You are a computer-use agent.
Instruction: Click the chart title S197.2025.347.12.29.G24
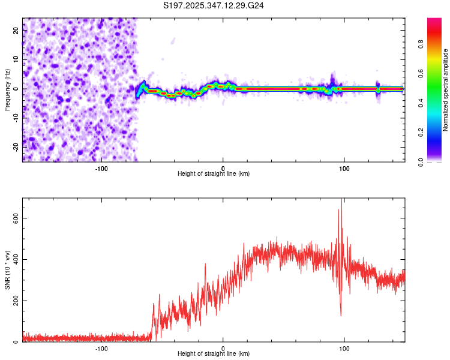pos(214,5)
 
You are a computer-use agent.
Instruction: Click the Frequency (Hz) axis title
pos(7,89)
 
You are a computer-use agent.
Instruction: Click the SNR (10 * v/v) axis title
pos(7,270)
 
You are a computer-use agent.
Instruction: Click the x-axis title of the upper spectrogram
pos(214,173)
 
